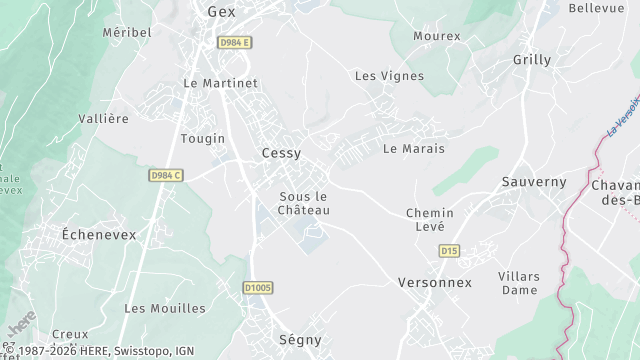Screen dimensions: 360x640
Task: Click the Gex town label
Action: pyautogui.click(x=220, y=12)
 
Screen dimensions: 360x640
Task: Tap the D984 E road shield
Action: pyautogui.click(x=236, y=42)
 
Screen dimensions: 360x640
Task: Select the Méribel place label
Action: pyautogui.click(x=127, y=32)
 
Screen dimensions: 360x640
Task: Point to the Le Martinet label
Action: pyautogui.click(x=220, y=83)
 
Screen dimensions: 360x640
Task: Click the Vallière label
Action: pyautogui.click(x=104, y=119)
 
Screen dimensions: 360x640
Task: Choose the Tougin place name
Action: pyautogui.click(x=203, y=139)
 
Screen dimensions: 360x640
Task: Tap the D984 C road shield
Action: pyautogui.click(x=166, y=175)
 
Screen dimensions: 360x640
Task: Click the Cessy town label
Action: pyautogui.click(x=281, y=153)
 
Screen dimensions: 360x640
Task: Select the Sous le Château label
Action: pyautogui.click(x=304, y=203)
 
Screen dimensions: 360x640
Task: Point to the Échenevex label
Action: pyautogui.click(x=99, y=234)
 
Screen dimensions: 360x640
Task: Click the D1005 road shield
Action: pyautogui.click(x=258, y=288)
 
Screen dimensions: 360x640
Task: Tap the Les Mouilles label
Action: pyautogui.click(x=165, y=308)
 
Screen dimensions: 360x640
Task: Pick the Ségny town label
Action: pyautogui.click(x=301, y=341)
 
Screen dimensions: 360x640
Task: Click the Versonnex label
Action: pyautogui.click(x=434, y=283)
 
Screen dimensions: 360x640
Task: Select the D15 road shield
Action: pyautogui.click(x=449, y=251)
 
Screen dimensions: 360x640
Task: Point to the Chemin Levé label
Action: pyautogui.click(x=430, y=220)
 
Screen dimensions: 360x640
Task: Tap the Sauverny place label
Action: pyautogui.click(x=534, y=182)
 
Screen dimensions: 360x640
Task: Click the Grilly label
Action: pyautogui.click(x=532, y=60)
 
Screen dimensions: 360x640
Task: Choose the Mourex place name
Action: pyautogui.click(x=437, y=36)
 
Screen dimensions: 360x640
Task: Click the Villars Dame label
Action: pyautogui.click(x=519, y=283)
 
